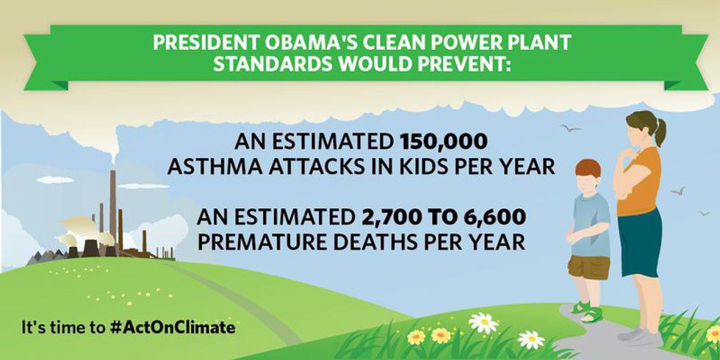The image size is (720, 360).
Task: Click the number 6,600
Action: pos(495,217)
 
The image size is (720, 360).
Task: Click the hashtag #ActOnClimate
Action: pos(173,328)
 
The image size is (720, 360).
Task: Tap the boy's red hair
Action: pos(588,168)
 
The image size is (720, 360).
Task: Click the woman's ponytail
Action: pos(660,132)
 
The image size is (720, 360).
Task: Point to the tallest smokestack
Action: pos(112,209)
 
